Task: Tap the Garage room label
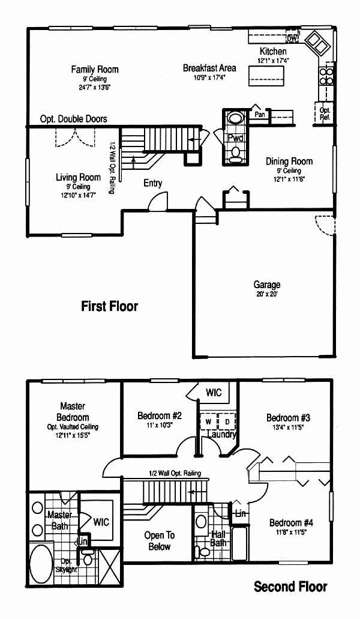[267, 284]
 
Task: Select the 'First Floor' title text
[110, 306]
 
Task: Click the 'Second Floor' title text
[290, 587]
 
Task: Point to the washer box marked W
[209, 421]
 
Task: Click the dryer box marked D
[227, 421]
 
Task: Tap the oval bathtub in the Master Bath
[41, 563]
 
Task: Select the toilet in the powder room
[236, 154]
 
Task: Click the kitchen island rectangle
[266, 76]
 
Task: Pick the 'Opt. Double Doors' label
[74, 119]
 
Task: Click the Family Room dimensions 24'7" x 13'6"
[94, 87]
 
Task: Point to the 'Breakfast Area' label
[209, 68]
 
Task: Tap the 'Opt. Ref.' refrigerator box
[325, 113]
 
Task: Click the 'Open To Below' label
[159, 541]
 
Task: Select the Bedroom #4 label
[291, 523]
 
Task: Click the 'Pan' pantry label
[259, 115]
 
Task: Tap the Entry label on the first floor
[152, 183]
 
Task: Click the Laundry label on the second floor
[221, 435]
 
